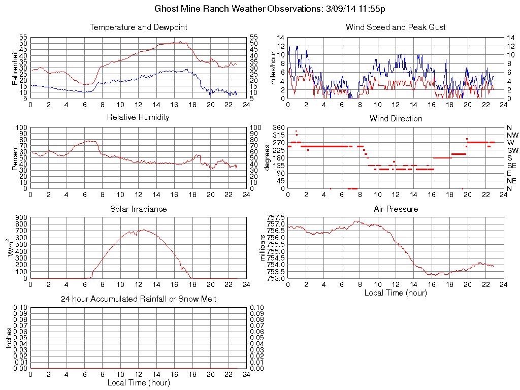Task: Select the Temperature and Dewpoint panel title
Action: click(x=138, y=27)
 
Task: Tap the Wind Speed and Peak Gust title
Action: click(x=396, y=27)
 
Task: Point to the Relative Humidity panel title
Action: click(x=138, y=117)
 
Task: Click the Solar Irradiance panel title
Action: click(x=138, y=209)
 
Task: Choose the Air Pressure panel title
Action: click(x=396, y=209)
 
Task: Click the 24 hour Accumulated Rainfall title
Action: click(x=138, y=299)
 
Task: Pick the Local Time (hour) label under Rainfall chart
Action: click(x=138, y=382)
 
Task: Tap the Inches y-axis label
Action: click(x=9, y=338)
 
